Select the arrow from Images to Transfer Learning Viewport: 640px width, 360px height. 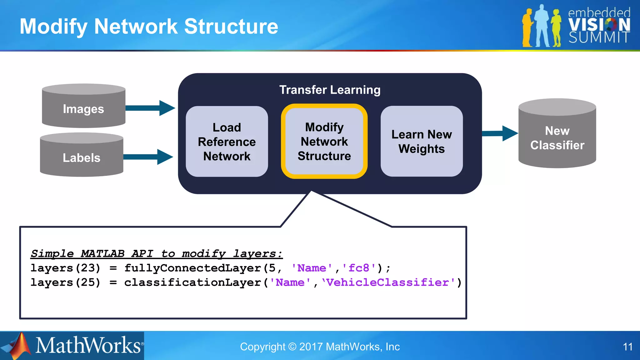[x=150, y=108]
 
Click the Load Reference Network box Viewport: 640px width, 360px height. [x=227, y=142]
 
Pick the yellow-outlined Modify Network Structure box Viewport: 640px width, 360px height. [x=324, y=141]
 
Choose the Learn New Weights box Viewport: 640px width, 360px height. [x=422, y=141]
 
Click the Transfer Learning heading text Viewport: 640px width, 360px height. [x=330, y=90]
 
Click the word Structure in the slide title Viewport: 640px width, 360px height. [x=231, y=26]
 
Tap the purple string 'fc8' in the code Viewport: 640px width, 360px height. [x=359, y=268]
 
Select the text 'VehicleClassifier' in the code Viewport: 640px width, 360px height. [x=388, y=282]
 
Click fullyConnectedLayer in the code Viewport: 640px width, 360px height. [x=192, y=268]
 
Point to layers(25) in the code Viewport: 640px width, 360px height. [x=65, y=282]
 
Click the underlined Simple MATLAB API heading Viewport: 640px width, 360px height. [x=156, y=253]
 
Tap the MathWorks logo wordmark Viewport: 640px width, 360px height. [x=88, y=346]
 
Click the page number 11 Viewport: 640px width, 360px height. [x=627, y=347]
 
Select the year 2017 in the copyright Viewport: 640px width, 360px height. [x=311, y=347]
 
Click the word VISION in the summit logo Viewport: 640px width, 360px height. [x=599, y=25]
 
